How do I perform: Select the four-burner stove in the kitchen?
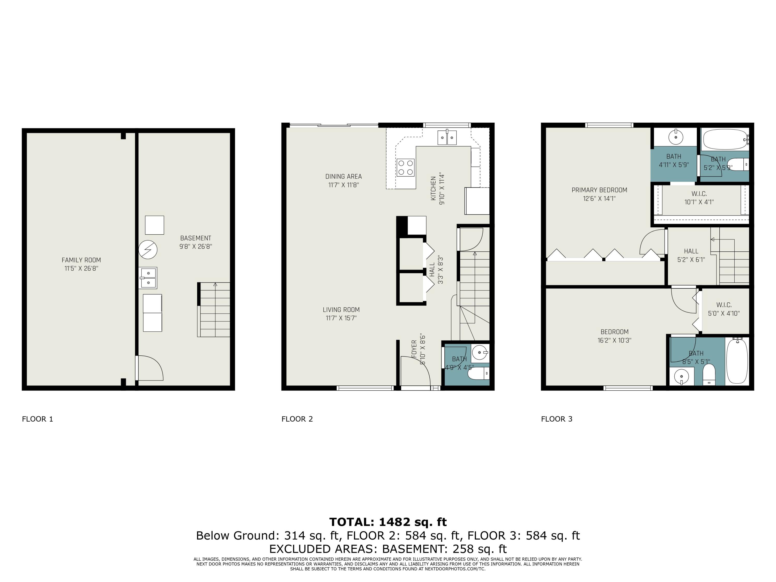(x=406, y=168)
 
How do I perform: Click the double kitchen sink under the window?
(x=447, y=137)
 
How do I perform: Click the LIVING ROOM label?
(x=341, y=310)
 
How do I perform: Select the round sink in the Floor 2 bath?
(x=480, y=352)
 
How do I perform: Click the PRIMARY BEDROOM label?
(x=599, y=190)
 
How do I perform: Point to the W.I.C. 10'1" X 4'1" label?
(x=699, y=198)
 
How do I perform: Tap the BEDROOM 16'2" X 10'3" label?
(x=614, y=336)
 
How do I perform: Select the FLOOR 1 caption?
(x=38, y=419)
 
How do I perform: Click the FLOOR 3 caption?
(x=556, y=419)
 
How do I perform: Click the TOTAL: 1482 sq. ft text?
(x=388, y=522)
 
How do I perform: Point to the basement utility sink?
(x=148, y=278)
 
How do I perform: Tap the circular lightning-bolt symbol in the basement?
(x=148, y=249)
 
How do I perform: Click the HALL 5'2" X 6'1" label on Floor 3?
(x=691, y=255)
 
